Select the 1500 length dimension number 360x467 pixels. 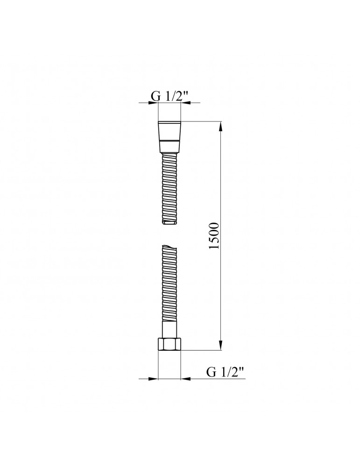pos(214,235)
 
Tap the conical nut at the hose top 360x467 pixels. pos(169,137)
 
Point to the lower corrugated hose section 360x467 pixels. pos(169,283)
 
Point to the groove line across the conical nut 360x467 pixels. pos(169,139)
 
